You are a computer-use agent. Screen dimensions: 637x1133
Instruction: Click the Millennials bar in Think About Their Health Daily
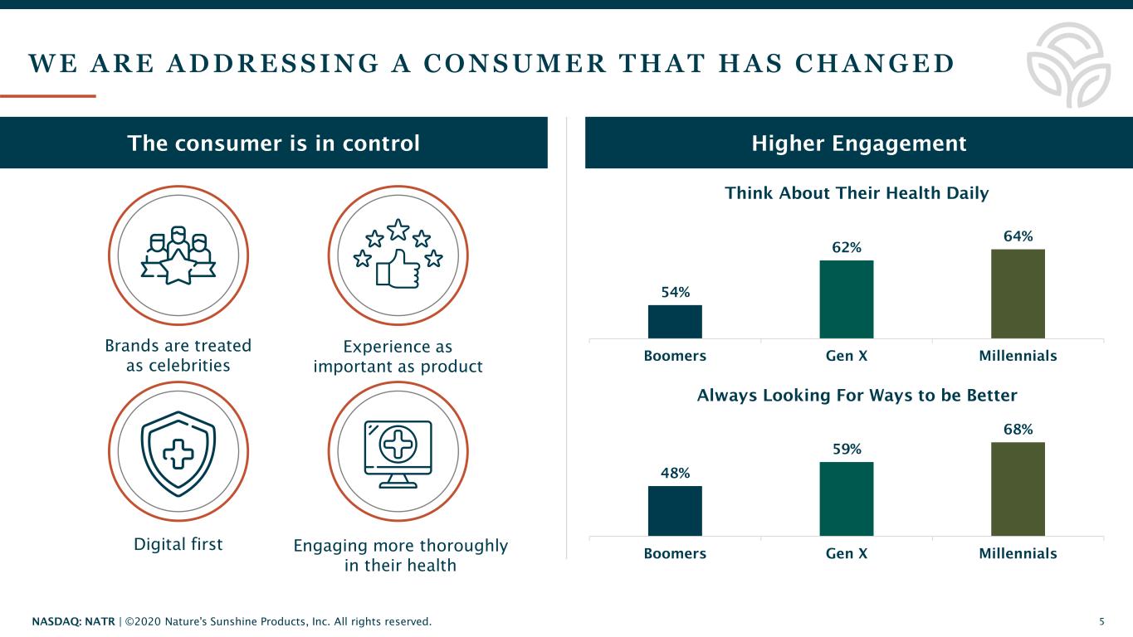point(1018,294)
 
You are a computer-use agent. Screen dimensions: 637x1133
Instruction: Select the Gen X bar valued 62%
point(846,299)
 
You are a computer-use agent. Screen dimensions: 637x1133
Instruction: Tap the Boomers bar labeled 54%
point(675,322)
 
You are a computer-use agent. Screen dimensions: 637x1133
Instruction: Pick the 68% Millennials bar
point(1018,489)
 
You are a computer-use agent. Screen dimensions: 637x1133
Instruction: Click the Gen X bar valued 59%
point(846,498)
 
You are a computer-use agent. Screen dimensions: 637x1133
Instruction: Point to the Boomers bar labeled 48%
point(675,511)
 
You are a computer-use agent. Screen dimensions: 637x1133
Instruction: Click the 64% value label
point(1018,236)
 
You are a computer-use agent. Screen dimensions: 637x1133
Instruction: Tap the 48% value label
point(675,473)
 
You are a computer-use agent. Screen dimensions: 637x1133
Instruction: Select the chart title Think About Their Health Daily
point(857,193)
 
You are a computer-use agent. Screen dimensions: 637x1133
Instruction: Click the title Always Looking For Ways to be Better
point(857,395)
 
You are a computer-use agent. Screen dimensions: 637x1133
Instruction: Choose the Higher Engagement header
point(859,143)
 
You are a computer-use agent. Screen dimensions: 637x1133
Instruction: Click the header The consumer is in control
point(273,143)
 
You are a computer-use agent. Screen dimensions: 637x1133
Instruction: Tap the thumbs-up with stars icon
point(398,255)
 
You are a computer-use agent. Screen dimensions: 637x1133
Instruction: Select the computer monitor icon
point(398,452)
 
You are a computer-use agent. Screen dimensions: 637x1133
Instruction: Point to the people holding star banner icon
point(178,255)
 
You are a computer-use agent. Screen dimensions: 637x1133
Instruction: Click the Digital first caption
point(178,545)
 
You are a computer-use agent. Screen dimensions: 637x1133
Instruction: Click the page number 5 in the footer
point(1101,621)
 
